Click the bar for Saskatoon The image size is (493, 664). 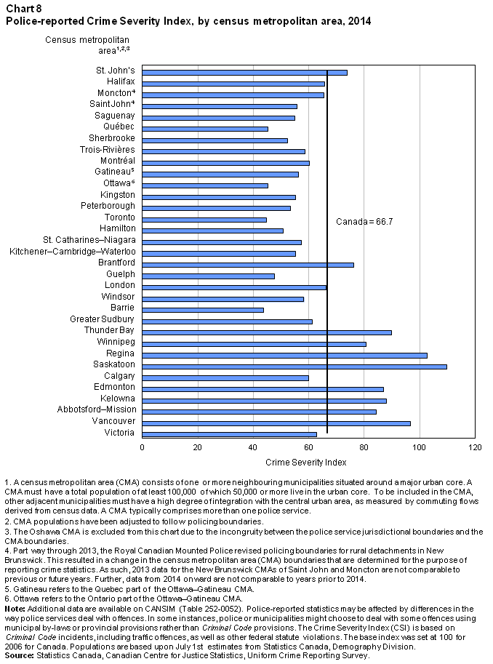(x=294, y=367)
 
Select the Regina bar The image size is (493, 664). (x=284, y=356)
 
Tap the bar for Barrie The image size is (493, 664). (x=203, y=310)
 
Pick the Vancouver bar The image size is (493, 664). (x=276, y=423)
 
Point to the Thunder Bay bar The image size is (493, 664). (x=267, y=332)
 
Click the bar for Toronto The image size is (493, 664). (x=204, y=220)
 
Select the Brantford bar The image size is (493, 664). (x=248, y=265)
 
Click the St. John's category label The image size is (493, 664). (x=115, y=71)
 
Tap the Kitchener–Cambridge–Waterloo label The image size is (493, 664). (x=73, y=252)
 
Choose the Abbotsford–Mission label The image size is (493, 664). (x=97, y=409)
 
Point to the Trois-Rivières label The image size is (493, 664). (x=107, y=150)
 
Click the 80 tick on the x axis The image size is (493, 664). (x=364, y=447)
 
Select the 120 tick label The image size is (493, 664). (x=475, y=447)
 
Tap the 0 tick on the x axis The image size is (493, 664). (x=142, y=447)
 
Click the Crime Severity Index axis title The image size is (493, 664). (x=306, y=463)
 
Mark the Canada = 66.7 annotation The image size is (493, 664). (x=364, y=222)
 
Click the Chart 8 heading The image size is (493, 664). (x=24, y=9)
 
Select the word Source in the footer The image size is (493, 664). (x=19, y=655)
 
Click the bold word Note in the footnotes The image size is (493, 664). (x=15, y=609)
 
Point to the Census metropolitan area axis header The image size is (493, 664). (x=87, y=45)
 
